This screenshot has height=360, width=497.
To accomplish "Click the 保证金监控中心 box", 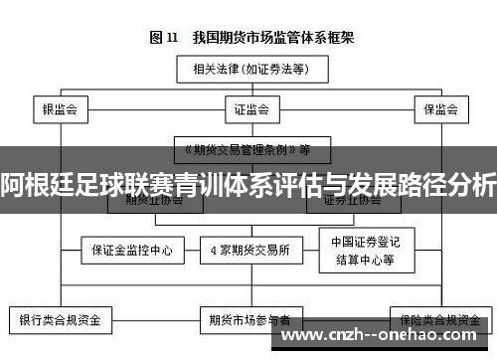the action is (x=131, y=251).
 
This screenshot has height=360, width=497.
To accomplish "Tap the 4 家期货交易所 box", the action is (x=249, y=251).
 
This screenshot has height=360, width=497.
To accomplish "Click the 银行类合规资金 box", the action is (x=61, y=320).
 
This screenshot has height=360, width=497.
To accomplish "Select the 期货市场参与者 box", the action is (x=249, y=320).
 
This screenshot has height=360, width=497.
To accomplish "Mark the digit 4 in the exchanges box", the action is (x=214, y=251).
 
